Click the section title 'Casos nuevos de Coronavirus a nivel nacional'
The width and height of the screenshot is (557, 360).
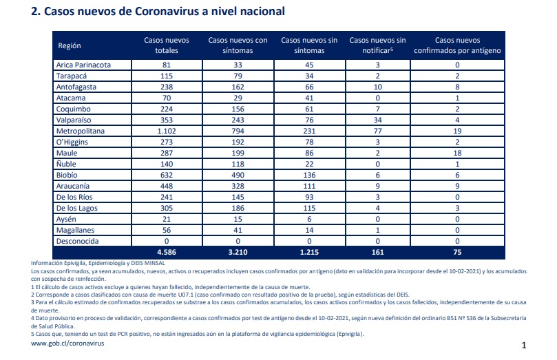165,12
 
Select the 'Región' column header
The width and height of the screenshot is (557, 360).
70,45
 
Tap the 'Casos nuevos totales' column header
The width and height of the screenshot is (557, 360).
167,45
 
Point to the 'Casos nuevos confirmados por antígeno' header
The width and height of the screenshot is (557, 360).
457,45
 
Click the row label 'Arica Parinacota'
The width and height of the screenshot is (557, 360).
83,65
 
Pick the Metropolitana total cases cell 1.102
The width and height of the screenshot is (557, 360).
167,131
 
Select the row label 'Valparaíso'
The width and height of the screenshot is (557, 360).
74,120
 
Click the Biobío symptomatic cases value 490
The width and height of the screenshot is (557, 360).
238,175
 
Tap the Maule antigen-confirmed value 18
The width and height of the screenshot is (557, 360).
457,153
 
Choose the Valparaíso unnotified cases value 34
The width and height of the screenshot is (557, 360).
377,120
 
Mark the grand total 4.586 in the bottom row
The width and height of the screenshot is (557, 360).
167,252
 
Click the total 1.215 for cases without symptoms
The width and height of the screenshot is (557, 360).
309,252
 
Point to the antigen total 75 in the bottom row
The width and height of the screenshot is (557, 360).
457,252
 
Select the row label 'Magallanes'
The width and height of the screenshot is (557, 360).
75,230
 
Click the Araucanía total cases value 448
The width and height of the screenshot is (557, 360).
167,186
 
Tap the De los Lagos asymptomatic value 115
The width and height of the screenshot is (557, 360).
309,208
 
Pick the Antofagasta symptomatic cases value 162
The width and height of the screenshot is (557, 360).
238,87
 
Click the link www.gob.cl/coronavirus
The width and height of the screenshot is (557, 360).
67,343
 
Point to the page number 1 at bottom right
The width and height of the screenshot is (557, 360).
524,345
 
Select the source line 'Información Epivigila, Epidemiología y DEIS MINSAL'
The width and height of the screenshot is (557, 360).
98,263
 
